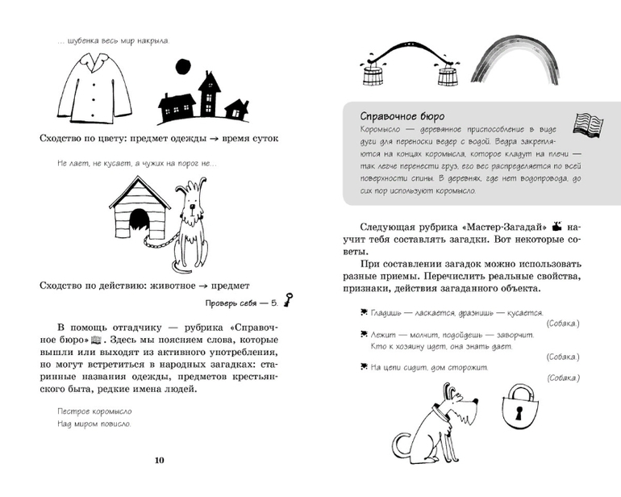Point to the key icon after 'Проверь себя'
click(286, 303)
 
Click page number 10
click(158, 460)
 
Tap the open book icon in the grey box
click(588, 122)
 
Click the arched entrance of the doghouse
click(139, 220)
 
